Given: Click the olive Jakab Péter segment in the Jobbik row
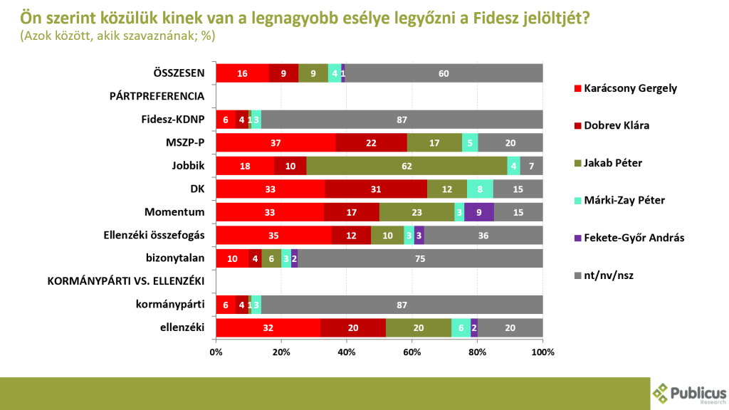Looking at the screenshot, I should (406, 166).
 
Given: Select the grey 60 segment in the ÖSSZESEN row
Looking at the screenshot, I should (444, 73).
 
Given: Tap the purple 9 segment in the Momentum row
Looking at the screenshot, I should (478, 212).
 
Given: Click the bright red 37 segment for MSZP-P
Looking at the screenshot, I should (276, 142).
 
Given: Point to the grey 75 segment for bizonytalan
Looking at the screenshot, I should (420, 258).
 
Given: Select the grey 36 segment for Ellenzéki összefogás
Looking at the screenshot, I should (483, 235).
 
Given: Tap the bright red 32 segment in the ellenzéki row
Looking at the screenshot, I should (268, 327).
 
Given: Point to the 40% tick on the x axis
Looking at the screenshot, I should (347, 352).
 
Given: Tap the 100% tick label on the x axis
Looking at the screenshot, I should (542, 352).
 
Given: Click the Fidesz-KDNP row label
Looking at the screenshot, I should (174, 120).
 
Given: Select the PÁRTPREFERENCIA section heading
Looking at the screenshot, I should (157, 96).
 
